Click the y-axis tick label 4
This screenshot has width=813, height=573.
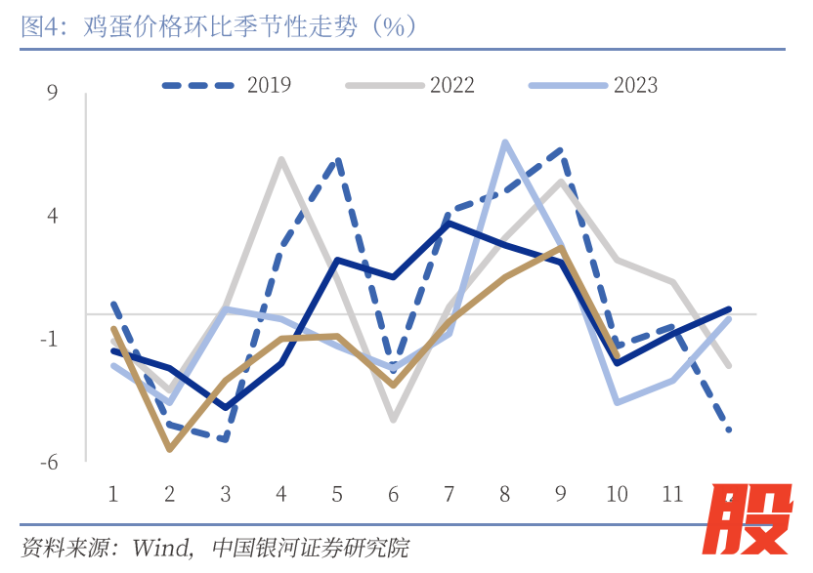tap(53, 216)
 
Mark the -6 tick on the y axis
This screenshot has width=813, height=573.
tap(49, 463)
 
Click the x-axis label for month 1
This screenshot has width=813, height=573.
tap(113, 493)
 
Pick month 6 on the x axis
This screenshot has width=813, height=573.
tap(393, 493)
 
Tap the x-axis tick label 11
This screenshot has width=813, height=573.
tap(672, 493)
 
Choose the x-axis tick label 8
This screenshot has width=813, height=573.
tap(505, 493)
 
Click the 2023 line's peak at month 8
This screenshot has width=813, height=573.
tap(505, 143)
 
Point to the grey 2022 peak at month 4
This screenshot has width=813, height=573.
tap(281, 159)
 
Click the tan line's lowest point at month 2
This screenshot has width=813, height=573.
tap(170, 449)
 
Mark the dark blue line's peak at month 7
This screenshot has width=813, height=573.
tap(449, 224)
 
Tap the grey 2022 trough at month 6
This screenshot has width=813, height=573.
tap(393, 420)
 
